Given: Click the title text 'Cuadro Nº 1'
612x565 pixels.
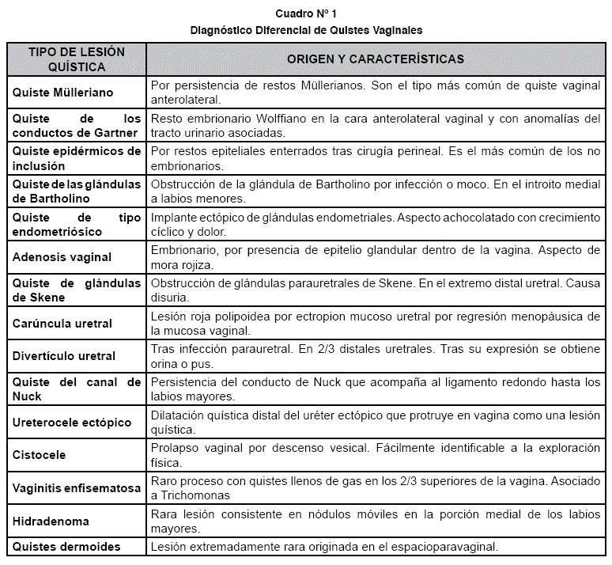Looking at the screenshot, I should (306, 14).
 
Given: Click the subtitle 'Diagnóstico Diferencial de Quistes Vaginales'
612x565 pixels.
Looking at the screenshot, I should (306, 30).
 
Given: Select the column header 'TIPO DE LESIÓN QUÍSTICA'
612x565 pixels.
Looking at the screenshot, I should (77, 59).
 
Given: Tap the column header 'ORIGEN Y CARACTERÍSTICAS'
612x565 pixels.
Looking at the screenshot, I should (375, 59).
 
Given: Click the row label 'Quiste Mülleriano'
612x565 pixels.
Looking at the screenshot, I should (63, 93).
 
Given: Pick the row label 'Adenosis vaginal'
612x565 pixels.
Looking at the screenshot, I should (62, 257).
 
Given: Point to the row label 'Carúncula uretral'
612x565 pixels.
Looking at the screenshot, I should (62, 324).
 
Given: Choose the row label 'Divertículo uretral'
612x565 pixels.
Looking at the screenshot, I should (64, 356).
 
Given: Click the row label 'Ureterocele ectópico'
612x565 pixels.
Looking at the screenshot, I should (72, 423).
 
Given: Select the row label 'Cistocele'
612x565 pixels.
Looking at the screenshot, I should (40, 456).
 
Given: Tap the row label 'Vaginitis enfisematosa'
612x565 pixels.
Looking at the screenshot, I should (77, 488).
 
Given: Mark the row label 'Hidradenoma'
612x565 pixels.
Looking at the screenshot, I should (51, 521).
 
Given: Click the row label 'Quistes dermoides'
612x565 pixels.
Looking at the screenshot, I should (66, 547).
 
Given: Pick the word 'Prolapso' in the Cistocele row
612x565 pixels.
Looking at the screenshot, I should (176, 449).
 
